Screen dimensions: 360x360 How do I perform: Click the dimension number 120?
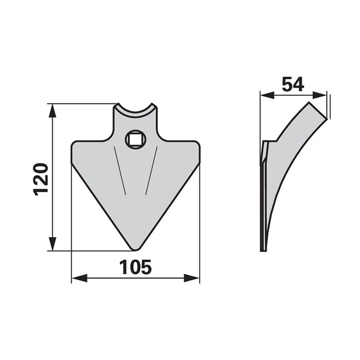coord(41,178)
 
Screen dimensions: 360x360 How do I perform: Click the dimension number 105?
coord(135,267)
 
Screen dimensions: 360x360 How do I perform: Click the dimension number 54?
coord(293,84)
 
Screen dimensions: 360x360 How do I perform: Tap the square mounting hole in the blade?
coord(136,138)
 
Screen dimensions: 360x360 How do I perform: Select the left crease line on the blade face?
coord(120,172)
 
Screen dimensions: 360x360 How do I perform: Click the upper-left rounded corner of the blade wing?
coord(75,145)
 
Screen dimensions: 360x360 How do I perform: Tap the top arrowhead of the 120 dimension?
coord(52,109)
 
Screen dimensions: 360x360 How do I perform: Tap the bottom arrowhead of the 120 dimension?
coord(52,245)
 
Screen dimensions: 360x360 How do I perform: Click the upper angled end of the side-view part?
coord(317,111)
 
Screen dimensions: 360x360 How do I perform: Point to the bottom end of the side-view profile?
coord(263,249)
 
